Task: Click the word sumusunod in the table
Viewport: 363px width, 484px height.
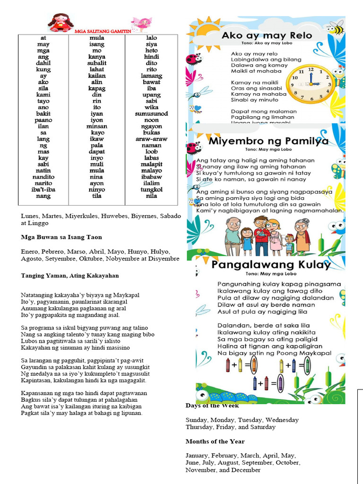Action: [151, 114]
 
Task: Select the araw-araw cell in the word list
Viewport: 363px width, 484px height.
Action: [151, 139]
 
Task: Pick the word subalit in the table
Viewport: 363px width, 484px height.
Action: [97, 63]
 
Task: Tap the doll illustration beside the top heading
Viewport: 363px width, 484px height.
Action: [60, 22]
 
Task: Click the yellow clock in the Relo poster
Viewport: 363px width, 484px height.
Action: [310, 83]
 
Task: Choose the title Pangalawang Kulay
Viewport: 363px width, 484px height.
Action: [271, 265]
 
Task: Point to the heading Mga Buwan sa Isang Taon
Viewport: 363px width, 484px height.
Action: [61, 237]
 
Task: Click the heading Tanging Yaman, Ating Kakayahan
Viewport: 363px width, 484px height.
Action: [70, 276]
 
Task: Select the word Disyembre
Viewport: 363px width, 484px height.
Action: [164, 259]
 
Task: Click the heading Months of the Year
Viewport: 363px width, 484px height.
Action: [215, 441]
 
